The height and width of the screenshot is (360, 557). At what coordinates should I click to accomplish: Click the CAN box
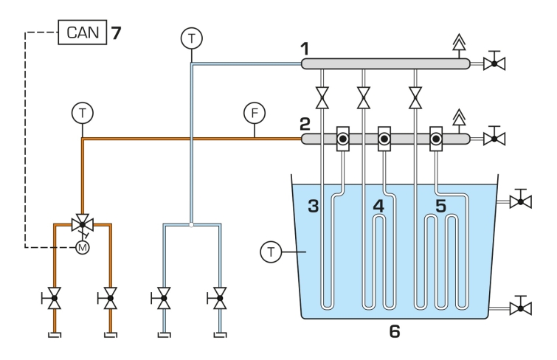[x=83, y=32]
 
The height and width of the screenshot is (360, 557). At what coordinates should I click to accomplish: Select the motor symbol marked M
[x=83, y=247]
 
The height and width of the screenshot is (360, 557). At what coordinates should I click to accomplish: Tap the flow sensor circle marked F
[x=255, y=113]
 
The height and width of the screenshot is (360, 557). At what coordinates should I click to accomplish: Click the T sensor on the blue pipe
[x=192, y=38]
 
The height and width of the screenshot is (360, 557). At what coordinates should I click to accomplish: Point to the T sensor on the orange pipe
[x=83, y=113]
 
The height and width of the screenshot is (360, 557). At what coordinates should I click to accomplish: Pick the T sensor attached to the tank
[x=271, y=252]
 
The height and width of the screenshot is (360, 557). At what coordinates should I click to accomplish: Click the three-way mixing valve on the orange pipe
[x=83, y=224]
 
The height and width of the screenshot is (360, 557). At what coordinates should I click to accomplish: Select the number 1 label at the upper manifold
[x=305, y=49]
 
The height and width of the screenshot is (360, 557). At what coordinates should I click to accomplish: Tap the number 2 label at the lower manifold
[x=305, y=125]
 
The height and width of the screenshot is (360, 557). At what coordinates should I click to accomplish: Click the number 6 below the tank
[x=395, y=331]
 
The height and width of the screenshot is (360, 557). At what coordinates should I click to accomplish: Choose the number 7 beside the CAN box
[x=116, y=33]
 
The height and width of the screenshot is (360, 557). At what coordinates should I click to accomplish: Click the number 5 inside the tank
[x=440, y=206]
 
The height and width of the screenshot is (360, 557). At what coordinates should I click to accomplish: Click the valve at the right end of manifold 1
[x=494, y=63]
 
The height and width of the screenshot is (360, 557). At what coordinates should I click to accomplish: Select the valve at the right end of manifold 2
[x=494, y=139]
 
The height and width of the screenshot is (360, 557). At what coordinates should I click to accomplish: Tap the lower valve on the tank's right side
[x=520, y=308]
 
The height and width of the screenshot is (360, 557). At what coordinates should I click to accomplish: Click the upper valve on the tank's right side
[x=520, y=201]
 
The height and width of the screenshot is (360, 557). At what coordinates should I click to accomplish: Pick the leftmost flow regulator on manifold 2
[x=343, y=139]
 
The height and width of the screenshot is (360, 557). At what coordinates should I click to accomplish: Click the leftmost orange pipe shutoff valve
[x=54, y=298]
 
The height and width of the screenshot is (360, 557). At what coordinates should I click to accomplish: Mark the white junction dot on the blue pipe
[x=192, y=225]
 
